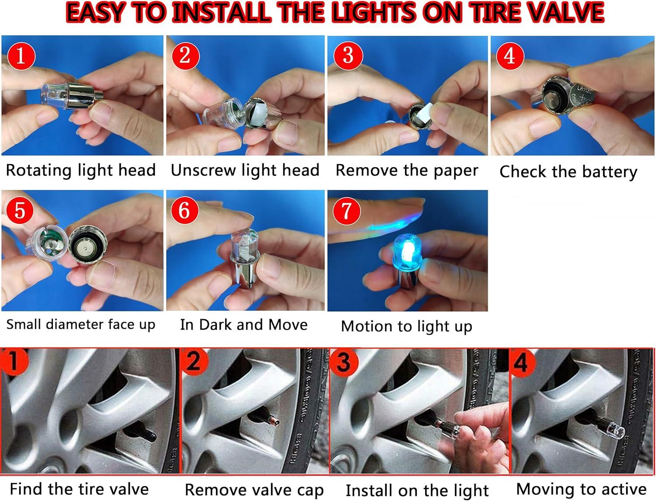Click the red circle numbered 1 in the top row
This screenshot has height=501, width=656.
[x=20, y=56]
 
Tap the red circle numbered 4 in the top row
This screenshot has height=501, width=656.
[x=509, y=56]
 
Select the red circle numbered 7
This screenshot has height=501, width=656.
[x=346, y=211]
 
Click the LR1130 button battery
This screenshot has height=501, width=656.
[x=586, y=96]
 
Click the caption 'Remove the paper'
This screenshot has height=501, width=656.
[x=407, y=170]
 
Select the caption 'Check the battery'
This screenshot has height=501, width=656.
[x=568, y=172]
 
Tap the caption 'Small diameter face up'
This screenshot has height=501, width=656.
[x=81, y=325]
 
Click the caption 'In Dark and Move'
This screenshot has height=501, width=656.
[x=244, y=325]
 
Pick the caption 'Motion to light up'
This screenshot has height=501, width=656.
[x=406, y=327]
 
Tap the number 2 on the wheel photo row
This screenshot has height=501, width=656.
[x=193, y=362]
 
